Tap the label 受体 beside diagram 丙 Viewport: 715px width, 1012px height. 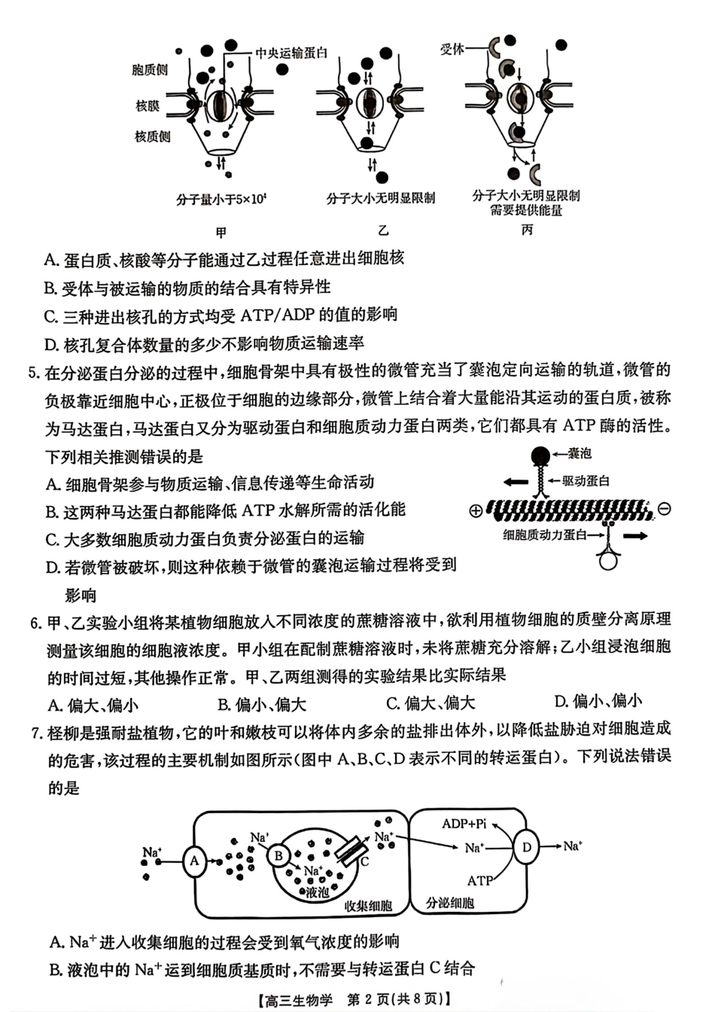click(452, 50)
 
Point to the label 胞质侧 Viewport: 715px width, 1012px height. click(150, 70)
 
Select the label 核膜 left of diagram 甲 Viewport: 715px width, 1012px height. click(148, 106)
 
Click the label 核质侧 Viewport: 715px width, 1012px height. click(152, 137)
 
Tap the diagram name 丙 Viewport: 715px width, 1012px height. click(527, 230)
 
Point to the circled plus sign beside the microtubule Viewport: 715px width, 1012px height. click(475, 511)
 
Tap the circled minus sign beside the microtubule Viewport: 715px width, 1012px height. click(664, 510)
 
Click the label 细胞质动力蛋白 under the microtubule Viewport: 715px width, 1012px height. click(544, 536)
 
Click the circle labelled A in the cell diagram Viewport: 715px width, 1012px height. click(195, 861)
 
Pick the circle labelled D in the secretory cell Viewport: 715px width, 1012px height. click(526, 847)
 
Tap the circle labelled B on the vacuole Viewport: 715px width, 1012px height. click(278, 855)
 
